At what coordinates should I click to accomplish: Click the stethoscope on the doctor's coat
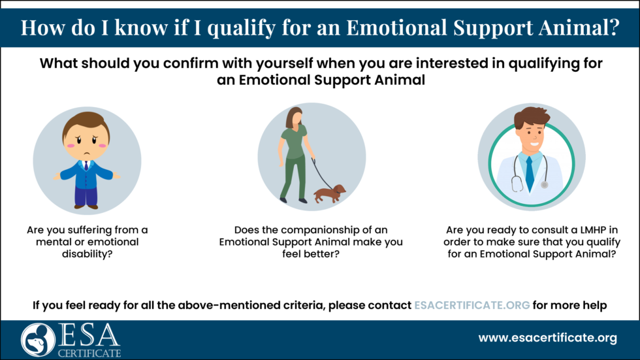[x=516, y=176]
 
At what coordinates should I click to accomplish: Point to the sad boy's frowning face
[x=86, y=142]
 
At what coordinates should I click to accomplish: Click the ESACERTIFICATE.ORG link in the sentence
[x=472, y=304]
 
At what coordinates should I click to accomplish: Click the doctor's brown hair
[x=531, y=118]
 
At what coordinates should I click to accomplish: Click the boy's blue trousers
[x=86, y=195]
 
